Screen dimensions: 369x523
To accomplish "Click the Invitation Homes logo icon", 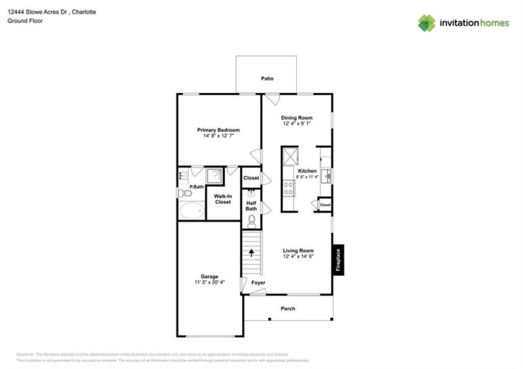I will pos(426,23).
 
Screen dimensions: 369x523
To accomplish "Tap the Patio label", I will pos(267,79).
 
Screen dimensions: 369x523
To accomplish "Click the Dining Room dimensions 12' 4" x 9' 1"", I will pos(297,124).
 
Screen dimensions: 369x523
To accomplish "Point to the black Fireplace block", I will pos(338,260).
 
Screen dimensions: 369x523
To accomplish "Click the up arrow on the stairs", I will pos(251,253).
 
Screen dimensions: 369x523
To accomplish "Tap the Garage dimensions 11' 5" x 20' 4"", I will pos(209,283).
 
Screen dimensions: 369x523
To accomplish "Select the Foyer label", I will pos(258,283).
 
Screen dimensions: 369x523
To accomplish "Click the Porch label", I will pos(288,309).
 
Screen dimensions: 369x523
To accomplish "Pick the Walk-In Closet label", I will pos(222,199).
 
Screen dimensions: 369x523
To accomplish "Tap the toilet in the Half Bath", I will pos(251,220).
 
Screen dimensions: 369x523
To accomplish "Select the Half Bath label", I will pos(251,205).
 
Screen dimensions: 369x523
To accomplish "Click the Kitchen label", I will pos(307,171).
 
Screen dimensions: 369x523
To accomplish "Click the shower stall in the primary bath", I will pos(214,175).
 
